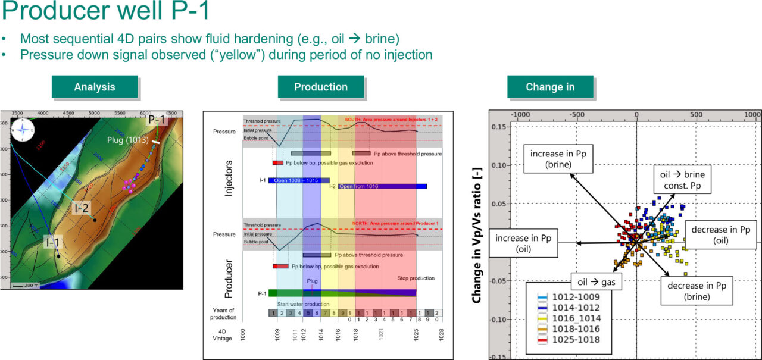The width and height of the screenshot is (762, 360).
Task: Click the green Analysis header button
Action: (x=95, y=87)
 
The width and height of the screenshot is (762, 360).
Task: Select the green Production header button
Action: (x=321, y=87)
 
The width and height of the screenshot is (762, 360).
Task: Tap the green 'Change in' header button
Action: (x=550, y=87)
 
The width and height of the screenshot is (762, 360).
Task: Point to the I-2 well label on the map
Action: (x=82, y=208)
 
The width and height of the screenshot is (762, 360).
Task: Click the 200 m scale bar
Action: (x=24, y=284)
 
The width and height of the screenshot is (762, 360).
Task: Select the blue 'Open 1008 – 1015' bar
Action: (x=299, y=180)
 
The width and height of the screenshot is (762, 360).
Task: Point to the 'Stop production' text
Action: (x=416, y=278)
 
